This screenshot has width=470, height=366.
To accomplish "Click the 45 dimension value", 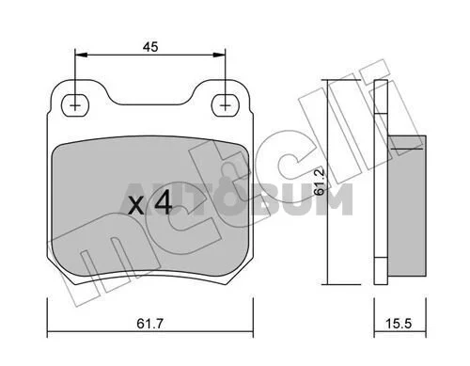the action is (150, 47).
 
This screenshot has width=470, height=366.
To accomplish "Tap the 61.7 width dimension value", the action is (150, 324).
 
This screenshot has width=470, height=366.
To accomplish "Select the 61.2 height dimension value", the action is (320, 183).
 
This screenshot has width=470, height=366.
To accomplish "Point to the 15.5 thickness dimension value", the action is (398, 324).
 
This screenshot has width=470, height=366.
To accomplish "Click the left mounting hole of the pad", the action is (75, 105).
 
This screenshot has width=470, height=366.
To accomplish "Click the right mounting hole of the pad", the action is (225, 105).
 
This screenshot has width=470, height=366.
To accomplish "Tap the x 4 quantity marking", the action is (150, 203).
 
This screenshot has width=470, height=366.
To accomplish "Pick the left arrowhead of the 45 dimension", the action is (81, 55).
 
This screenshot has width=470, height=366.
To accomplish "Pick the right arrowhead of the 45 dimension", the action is (219, 55).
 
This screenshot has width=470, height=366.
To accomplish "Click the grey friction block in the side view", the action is (407, 206).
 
